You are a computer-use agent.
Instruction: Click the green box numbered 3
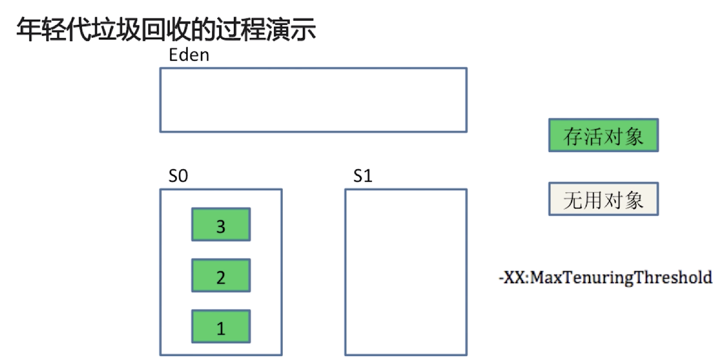click(221, 225)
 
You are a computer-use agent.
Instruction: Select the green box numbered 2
click(221, 276)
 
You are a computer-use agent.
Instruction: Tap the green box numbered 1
click(221, 327)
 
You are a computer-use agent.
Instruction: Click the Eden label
click(189, 55)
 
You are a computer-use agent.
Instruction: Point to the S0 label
click(178, 176)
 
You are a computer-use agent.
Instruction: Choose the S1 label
click(363, 176)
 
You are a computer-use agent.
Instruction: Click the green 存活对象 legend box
click(604, 135)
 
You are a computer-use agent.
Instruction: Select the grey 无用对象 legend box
click(604, 199)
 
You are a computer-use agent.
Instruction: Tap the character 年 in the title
click(29, 29)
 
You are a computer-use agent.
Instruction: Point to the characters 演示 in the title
click(291, 29)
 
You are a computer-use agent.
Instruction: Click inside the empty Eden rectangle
click(313, 100)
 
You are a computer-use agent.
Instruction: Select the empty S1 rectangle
click(406, 272)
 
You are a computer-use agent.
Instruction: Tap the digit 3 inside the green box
click(221, 226)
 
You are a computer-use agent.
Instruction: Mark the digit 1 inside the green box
click(221, 328)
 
